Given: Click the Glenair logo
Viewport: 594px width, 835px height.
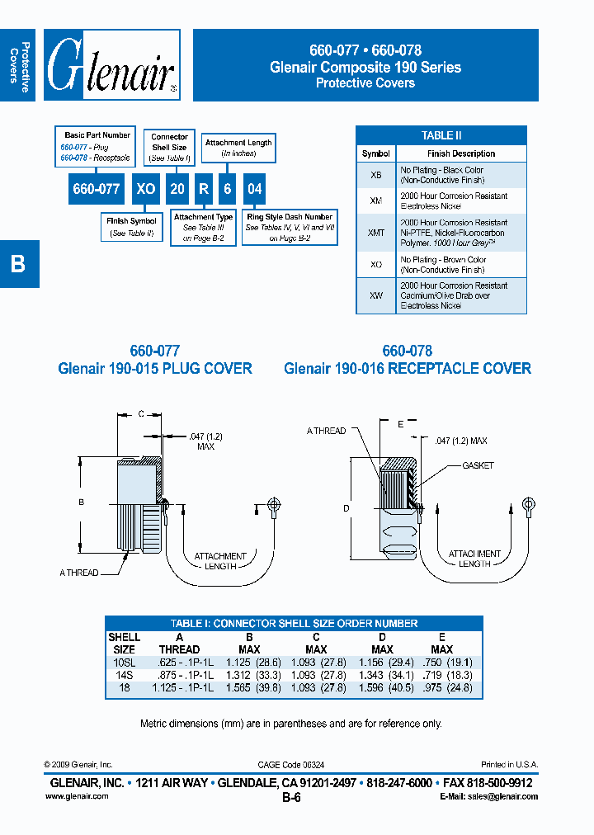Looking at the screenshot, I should pyautogui.click(x=111, y=65).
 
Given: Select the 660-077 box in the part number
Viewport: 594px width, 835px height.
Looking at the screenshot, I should pyautogui.click(x=97, y=189).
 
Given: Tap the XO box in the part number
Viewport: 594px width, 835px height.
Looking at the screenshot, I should pyautogui.click(x=145, y=189).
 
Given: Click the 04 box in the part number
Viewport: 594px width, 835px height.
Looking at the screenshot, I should pyautogui.click(x=255, y=189).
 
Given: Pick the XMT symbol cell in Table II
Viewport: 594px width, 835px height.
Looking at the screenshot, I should pyautogui.click(x=375, y=234).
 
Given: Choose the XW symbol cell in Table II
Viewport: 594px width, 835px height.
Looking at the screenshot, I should pyautogui.click(x=375, y=295).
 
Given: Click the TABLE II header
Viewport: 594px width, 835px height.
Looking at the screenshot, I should pyautogui.click(x=441, y=135).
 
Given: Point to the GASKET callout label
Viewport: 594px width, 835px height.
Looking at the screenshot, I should pyautogui.click(x=478, y=465).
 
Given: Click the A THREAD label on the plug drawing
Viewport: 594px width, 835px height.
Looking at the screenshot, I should pyautogui.click(x=78, y=573).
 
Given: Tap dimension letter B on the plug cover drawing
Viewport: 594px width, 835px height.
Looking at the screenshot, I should pyautogui.click(x=82, y=501).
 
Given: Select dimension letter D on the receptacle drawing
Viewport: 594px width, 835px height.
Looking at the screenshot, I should pyautogui.click(x=346, y=507).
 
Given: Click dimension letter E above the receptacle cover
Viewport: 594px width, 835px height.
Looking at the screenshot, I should pyautogui.click(x=400, y=423).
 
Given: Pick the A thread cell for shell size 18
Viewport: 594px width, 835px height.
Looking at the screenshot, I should pyautogui.click(x=181, y=687).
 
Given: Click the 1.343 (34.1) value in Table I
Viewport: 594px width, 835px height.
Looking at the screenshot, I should pyautogui.click(x=382, y=675).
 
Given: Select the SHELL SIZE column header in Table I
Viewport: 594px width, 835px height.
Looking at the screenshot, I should pyautogui.click(x=124, y=644).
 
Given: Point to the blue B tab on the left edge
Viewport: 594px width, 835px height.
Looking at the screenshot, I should pyautogui.click(x=18, y=264).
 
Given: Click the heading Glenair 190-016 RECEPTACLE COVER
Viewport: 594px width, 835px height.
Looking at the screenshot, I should pyautogui.click(x=407, y=369).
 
